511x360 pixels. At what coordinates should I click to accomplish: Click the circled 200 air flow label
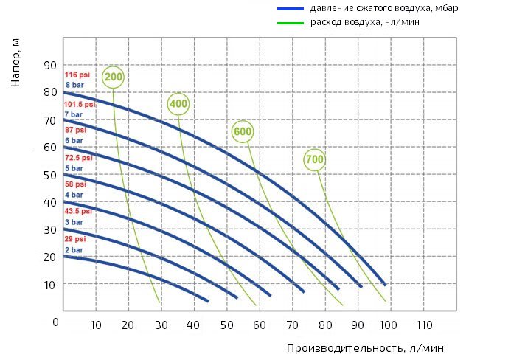(114, 77)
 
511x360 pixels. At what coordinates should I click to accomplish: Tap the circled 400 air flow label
(178, 104)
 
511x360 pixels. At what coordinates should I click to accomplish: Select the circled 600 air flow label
(243, 132)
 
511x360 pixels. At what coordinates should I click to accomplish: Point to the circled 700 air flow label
(315, 159)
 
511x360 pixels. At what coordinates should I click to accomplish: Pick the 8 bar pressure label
(74, 86)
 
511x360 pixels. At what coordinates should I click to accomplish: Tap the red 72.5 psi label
(78, 158)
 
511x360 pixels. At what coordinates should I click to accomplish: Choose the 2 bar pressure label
(74, 250)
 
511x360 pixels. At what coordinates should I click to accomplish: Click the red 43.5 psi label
(78, 212)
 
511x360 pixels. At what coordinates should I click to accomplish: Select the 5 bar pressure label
(74, 168)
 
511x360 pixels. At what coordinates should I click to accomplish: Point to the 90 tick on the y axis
(49, 65)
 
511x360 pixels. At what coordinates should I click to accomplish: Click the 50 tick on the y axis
(49, 175)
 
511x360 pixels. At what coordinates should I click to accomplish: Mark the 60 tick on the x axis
(260, 325)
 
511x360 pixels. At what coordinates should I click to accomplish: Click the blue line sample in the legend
(291, 10)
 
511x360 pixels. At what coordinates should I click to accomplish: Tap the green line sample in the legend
(291, 23)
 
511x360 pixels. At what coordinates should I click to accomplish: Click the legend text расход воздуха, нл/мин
(366, 23)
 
